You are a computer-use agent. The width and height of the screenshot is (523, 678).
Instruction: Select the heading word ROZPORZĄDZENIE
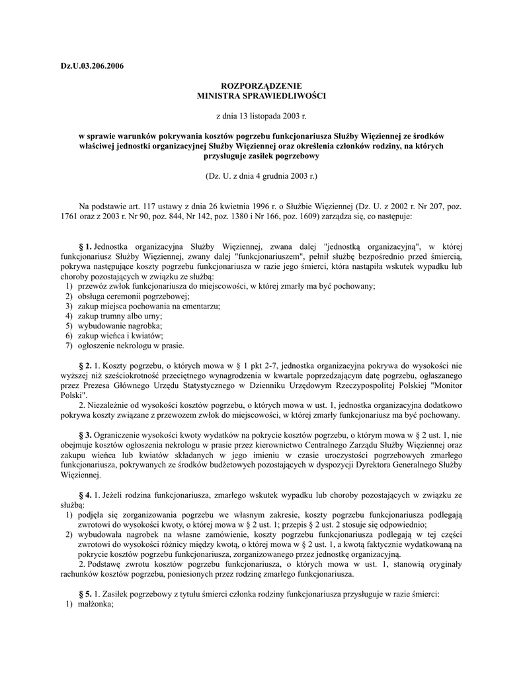click(x=261, y=86)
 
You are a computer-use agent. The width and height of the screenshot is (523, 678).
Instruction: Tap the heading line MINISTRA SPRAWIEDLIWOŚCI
click(x=261, y=96)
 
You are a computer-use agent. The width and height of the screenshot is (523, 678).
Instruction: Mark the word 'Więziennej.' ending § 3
click(x=81, y=475)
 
